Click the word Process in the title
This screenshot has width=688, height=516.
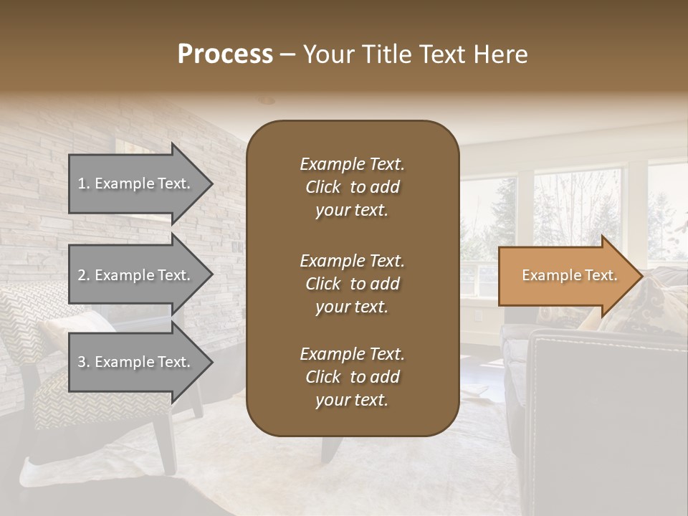[225, 54]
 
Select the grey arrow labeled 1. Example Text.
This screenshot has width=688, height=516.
[136, 183]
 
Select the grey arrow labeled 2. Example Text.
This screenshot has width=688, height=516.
[136, 275]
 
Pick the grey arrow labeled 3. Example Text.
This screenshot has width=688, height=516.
[136, 362]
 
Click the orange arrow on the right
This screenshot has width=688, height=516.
[566, 275]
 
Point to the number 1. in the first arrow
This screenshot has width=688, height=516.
[83, 183]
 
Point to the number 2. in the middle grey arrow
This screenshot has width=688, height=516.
[83, 275]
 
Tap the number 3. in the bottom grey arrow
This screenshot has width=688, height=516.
[83, 362]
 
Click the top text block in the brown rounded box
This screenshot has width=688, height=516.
[352, 187]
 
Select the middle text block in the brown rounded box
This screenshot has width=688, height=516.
[352, 284]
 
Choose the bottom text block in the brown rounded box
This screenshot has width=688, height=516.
[352, 377]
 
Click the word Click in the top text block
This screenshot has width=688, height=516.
[323, 188]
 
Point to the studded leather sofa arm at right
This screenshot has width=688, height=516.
[609, 387]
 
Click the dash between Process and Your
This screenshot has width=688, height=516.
[287, 56]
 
